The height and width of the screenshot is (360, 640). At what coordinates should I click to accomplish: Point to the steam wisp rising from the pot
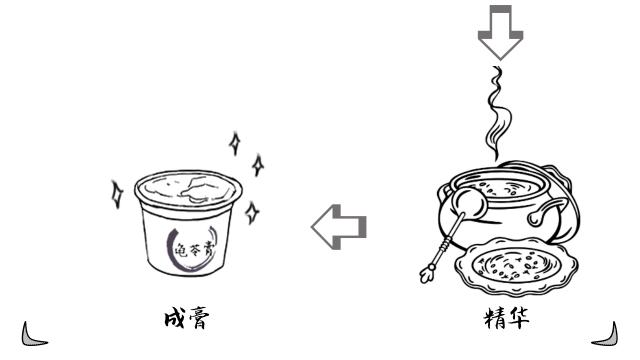[493, 110]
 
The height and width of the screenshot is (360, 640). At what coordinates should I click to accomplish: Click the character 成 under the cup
[174, 318]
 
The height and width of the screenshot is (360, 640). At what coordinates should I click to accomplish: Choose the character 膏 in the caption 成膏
[199, 318]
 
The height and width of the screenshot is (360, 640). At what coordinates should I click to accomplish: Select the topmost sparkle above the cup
[235, 142]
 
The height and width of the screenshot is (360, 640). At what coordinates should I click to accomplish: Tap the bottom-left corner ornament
[33, 334]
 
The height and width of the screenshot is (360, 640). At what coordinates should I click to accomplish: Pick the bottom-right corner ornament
[605, 334]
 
